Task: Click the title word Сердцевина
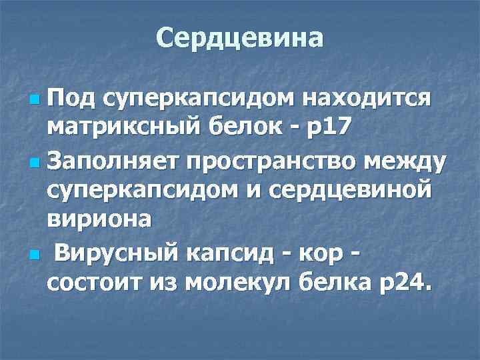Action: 240,38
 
